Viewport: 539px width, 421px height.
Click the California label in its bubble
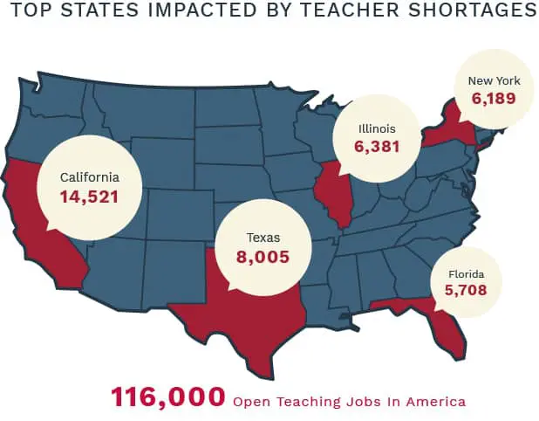(89, 177)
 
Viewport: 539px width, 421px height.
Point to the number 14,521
(89, 197)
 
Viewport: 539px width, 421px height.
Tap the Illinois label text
(376, 128)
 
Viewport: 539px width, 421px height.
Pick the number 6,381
(376, 147)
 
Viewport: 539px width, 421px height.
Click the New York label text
(495, 80)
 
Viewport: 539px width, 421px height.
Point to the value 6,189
(495, 99)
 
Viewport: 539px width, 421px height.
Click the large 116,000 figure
(167, 397)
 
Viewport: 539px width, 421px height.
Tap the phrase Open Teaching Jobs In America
(349, 402)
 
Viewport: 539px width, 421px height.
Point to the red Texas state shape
(253, 314)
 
